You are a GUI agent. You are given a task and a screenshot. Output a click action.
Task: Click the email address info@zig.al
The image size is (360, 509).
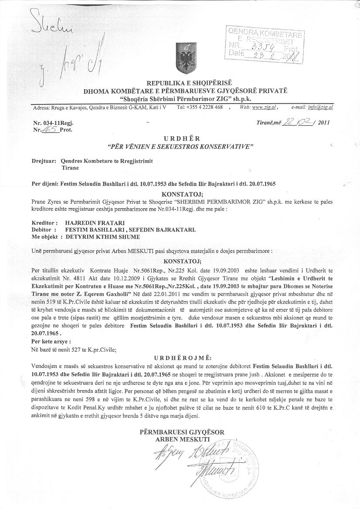click(319, 107)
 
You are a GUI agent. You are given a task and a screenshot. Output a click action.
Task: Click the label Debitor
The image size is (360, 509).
click(44, 229)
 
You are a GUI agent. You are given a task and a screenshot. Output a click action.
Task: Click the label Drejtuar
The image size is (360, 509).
click(44, 161)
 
